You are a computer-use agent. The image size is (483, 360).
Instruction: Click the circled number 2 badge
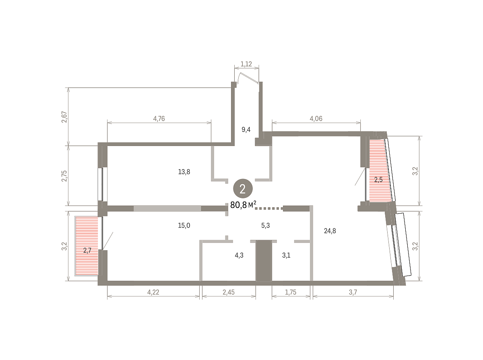coord(243,189)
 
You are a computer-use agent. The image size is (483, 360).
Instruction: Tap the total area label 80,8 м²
coord(243,205)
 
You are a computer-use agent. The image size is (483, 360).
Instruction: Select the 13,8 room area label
coord(184,172)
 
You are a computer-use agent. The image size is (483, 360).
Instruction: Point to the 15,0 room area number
coord(184,225)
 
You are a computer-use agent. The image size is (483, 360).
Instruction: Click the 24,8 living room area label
coord(330,231)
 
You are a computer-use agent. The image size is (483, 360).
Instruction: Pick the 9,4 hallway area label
coord(246,130)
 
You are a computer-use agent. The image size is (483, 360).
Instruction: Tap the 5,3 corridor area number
coord(265,225)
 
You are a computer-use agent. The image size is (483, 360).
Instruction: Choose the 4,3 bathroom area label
coord(239,255)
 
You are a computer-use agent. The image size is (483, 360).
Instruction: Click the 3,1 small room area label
coord(286,255)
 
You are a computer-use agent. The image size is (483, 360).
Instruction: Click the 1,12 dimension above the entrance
coord(246,64)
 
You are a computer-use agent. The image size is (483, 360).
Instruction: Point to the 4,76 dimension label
coord(159,119)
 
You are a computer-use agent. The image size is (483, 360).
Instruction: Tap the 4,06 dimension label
coord(316,119)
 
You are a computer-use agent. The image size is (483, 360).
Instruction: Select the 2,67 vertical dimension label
coord(64,117)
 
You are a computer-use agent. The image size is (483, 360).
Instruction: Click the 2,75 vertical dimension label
coord(64,176)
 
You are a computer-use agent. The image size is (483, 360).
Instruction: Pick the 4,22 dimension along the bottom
coord(153,292)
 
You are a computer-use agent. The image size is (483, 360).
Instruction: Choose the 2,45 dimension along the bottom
coord(229,292)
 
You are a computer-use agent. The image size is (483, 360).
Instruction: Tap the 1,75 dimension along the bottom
coord(291,292)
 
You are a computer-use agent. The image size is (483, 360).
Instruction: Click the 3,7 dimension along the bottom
coord(353,292)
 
